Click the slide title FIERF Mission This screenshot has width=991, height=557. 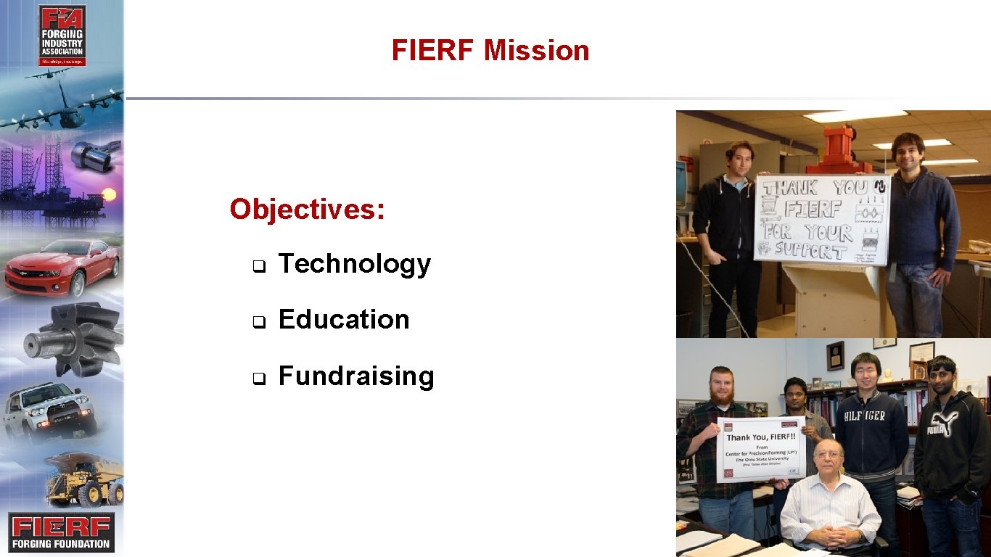pyautogui.click(x=490, y=51)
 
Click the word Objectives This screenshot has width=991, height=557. pyautogui.click(x=307, y=210)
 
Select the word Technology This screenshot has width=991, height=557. pyautogui.click(x=354, y=264)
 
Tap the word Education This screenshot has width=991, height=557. pyautogui.click(x=344, y=320)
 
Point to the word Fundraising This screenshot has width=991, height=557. pyautogui.click(x=356, y=376)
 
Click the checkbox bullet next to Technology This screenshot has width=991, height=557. pyautogui.click(x=257, y=265)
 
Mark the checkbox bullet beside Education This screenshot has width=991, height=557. pyautogui.click(x=257, y=321)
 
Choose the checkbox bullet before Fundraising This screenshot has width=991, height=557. pyautogui.click(x=257, y=378)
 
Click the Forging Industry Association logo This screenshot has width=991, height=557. pyautogui.click(x=62, y=36)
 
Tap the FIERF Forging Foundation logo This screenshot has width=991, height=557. pyautogui.click(x=62, y=532)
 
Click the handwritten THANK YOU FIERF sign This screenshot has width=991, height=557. pyautogui.click(x=821, y=218)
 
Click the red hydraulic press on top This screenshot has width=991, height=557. pyautogui.click(x=847, y=149)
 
